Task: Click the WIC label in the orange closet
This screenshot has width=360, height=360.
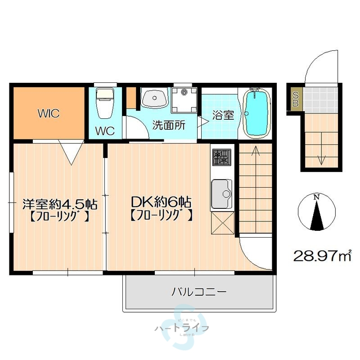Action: pos(49,113)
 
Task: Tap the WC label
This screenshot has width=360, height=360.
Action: pos(104,131)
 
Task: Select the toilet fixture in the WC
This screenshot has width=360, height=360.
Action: pos(104,104)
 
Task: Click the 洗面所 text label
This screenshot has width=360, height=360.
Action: pos(169,125)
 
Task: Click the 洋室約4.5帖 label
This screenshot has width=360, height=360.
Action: pos(59,203)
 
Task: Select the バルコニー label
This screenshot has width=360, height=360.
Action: pos(198,292)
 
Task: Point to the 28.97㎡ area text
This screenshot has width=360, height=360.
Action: pos(322,256)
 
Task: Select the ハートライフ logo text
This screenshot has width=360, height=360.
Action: pos(181,328)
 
